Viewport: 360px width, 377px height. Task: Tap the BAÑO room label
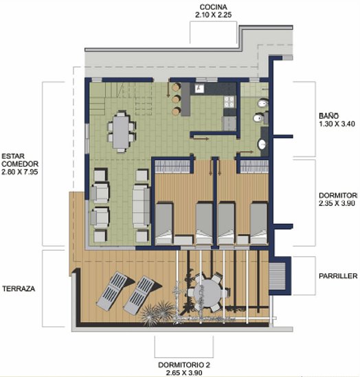[x=327, y=115]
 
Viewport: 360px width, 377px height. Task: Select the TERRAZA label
[x=19, y=289]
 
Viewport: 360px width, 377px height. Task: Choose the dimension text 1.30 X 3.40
[x=337, y=124]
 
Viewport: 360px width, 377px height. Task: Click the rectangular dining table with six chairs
[x=122, y=130]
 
